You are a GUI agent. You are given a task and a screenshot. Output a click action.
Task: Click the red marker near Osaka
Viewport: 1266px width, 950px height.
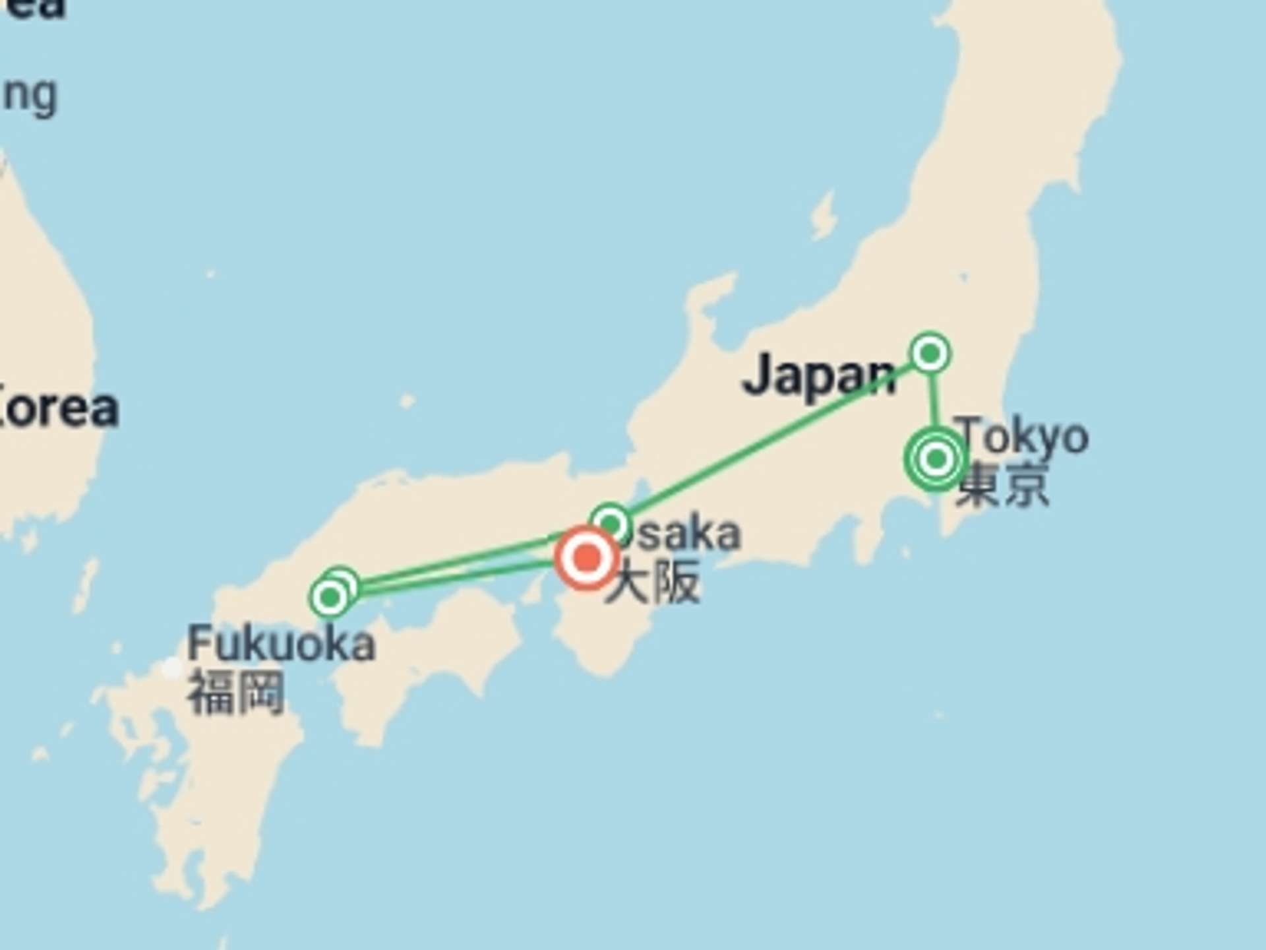click(586, 558)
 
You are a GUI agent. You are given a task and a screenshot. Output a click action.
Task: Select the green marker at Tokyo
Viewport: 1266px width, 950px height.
click(936, 459)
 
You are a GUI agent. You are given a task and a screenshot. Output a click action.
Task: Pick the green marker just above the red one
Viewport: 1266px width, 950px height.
click(611, 523)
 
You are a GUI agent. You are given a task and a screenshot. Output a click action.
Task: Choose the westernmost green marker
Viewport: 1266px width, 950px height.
click(330, 598)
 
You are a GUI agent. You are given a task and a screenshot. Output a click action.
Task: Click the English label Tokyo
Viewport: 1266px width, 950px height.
click(1022, 437)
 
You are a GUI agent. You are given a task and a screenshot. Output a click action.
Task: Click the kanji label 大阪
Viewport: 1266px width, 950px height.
click(653, 583)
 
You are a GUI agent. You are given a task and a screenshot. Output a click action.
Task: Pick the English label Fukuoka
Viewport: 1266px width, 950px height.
click(282, 645)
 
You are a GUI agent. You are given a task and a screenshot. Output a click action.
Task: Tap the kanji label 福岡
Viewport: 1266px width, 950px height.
click(237, 693)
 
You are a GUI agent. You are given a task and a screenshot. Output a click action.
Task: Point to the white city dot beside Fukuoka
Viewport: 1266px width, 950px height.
click(172, 668)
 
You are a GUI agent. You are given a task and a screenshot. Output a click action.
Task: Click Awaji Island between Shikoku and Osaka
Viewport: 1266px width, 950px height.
click(531, 590)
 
